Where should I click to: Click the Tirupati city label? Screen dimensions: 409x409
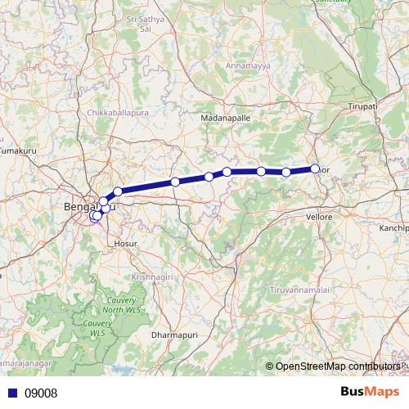(x=361, y=106)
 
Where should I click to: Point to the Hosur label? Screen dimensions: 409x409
(x=127, y=243)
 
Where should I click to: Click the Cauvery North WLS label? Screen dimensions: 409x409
(x=122, y=304)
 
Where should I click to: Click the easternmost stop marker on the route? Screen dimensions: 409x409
(x=315, y=169)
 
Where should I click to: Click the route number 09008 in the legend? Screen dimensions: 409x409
(x=42, y=393)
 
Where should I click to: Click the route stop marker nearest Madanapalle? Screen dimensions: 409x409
(x=227, y=172)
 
